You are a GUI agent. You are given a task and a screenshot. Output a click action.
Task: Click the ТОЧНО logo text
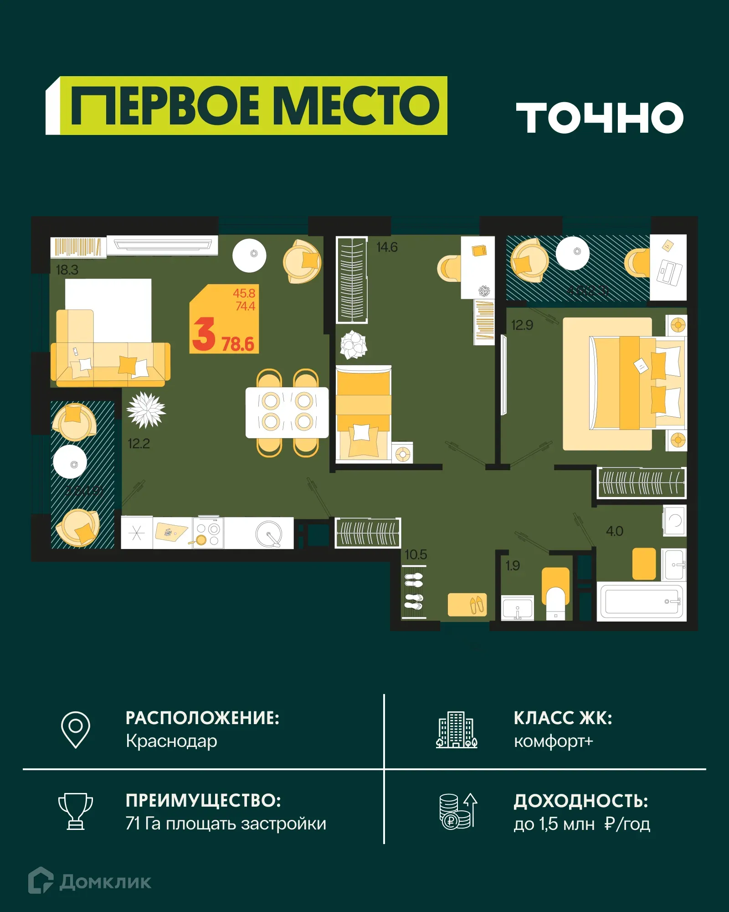(x=599, y=118)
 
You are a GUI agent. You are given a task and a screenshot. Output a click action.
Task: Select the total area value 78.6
(x=238, y=344)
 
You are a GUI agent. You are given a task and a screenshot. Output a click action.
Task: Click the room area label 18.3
(x=67, y=270)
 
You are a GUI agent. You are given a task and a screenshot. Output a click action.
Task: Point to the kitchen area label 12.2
(x=139, y=443)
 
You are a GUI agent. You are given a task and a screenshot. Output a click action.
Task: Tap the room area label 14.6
(x=387, y=247)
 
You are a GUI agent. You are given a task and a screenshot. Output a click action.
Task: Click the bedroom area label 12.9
(x=522, y=325)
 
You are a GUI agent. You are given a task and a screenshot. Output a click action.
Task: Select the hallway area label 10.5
(x=416, y=554)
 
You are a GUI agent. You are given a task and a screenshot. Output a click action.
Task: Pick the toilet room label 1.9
(x=513, y=565)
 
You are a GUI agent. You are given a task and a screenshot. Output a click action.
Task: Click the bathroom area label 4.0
(x=614, y=531)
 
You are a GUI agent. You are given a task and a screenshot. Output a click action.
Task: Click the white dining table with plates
(x=287, y=412)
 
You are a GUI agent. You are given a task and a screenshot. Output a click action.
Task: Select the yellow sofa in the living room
(x=110, y=363)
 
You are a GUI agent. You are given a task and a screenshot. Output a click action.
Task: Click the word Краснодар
(x=171, y=741)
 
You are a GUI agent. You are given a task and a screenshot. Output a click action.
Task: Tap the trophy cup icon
(x=76, y=811)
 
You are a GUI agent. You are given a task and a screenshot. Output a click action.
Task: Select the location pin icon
(x=76, y=729)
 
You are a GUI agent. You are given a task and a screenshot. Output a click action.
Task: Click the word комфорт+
(x=553, y=741)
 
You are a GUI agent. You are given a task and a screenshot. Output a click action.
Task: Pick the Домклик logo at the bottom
(x=90, y=881)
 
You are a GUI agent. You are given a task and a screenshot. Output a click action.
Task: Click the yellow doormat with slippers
(x=467, y=605)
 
